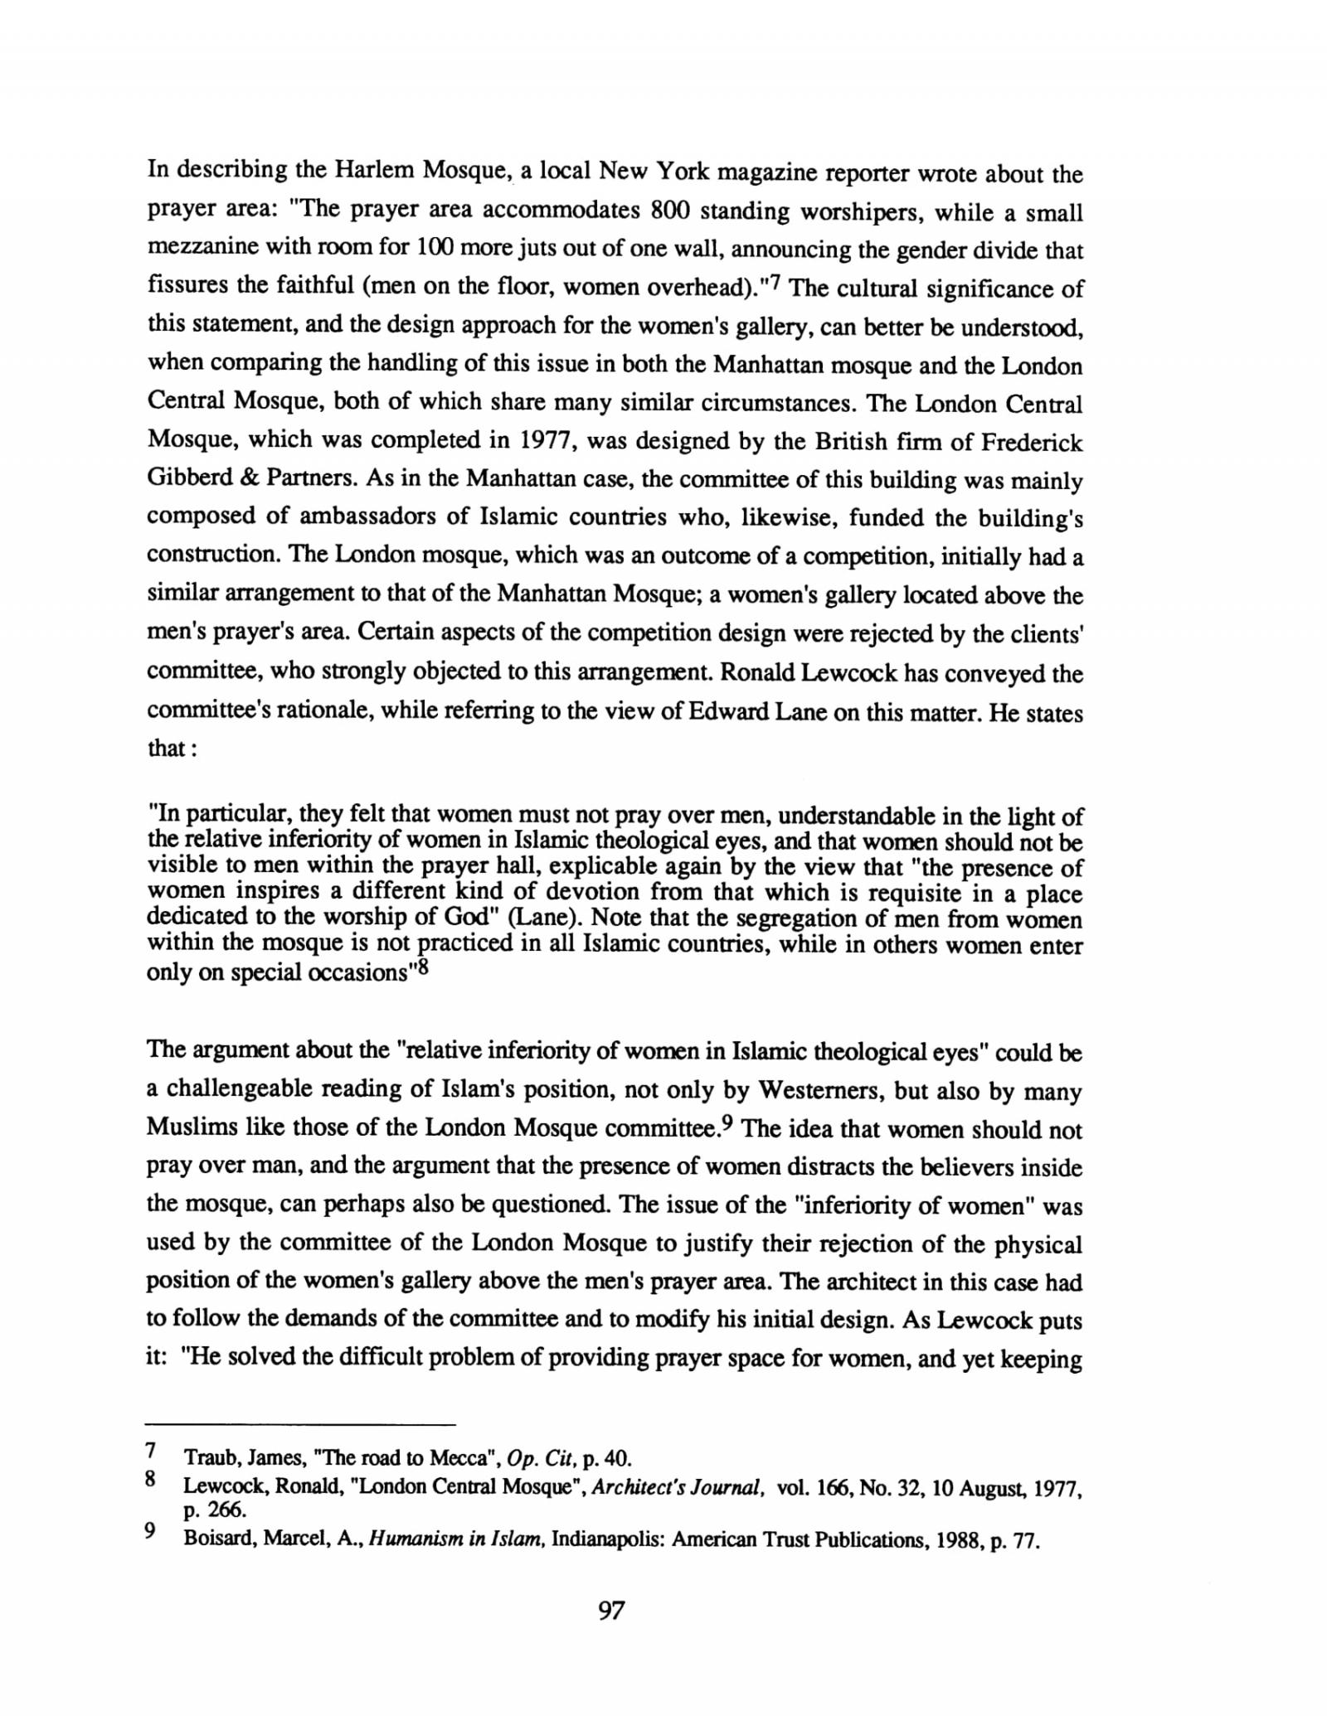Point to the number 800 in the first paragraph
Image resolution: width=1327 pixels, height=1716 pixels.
[670, 211]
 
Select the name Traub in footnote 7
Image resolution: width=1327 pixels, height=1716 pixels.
[205, 1457]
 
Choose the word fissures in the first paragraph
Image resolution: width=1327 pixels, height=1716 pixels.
[187, 287]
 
